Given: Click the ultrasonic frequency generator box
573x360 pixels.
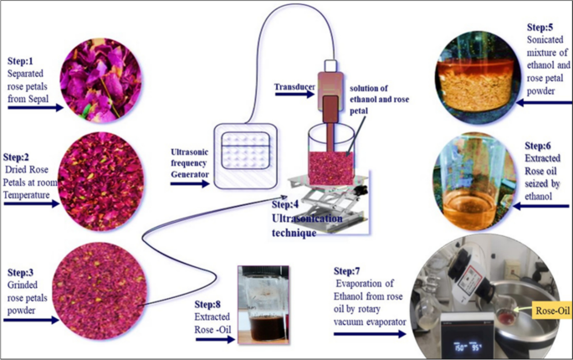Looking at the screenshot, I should (x=243, y=154).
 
